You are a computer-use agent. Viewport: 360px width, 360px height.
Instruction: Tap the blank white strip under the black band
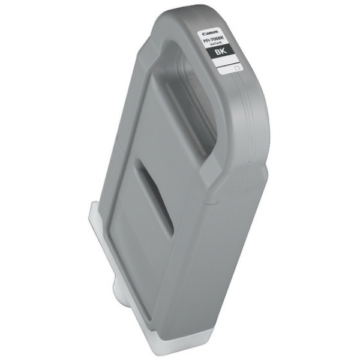[226, 68]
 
